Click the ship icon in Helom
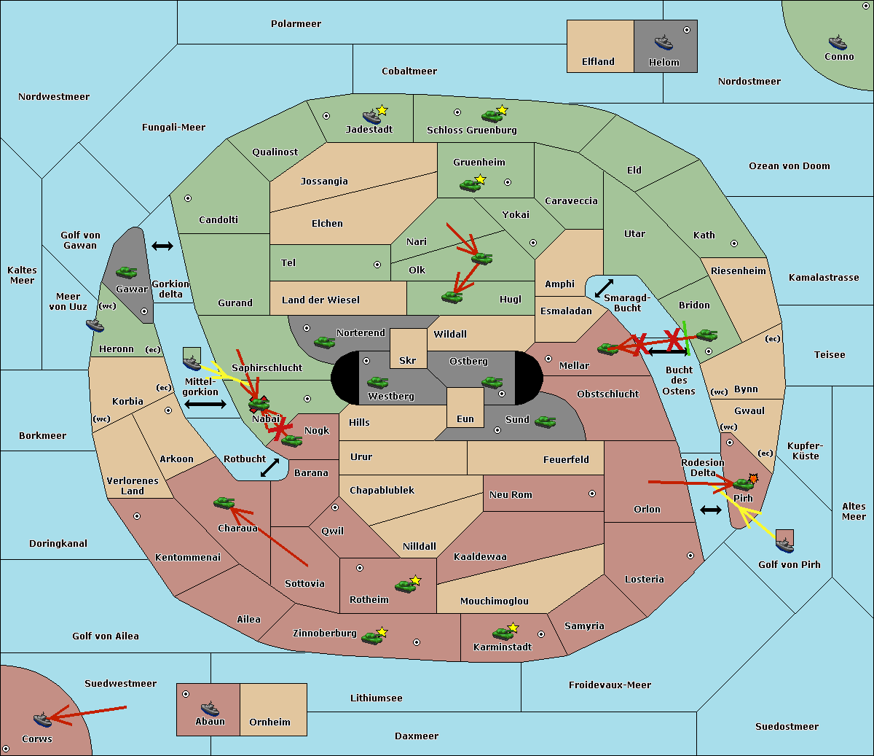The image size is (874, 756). [664, 42]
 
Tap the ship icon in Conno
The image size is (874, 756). [838, 42]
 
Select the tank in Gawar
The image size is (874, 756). [127, 272]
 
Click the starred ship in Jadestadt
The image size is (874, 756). [372, 117]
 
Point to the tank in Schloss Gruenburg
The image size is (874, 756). [492, 115]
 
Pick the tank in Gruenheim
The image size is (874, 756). [471, 185]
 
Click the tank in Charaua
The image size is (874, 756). [224, 502]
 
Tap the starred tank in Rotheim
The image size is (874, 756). [406, 586]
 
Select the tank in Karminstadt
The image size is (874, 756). [503, 634]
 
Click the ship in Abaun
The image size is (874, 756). [210, 709]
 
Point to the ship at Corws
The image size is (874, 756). [43, 720]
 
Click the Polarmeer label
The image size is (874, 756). [296, 24]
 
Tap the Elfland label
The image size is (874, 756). [598, 62]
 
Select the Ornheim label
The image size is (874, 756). [269, 722]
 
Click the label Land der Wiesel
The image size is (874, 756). [320, 300]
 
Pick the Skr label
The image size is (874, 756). [408, 360]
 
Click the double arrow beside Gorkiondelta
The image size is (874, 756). [162, 246]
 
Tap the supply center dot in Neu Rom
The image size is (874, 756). [592, 494]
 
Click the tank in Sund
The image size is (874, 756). [545, 421]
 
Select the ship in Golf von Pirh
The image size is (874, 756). [785, 545]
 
